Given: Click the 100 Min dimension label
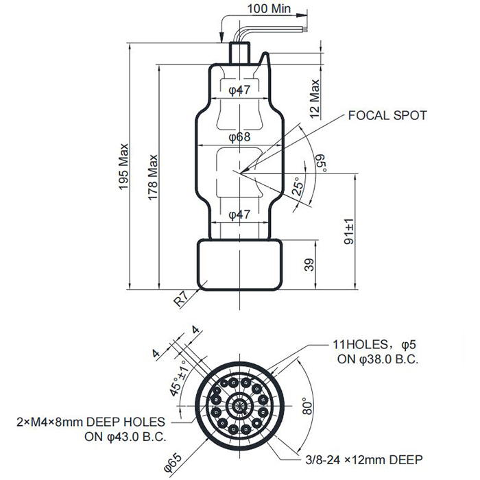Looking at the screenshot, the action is click(269, 8).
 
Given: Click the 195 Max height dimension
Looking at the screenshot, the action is click(123, 166).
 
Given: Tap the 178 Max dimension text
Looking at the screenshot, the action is click(153, 177).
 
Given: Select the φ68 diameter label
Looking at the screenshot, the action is click(240, 137).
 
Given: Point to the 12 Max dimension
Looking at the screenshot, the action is click(315, 99).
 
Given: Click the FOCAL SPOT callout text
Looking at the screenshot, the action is click(387, 115).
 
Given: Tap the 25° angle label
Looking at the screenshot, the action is click(298, 186).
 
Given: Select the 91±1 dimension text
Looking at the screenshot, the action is click(349, 232).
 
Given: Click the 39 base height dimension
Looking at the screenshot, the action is click(310, 265).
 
